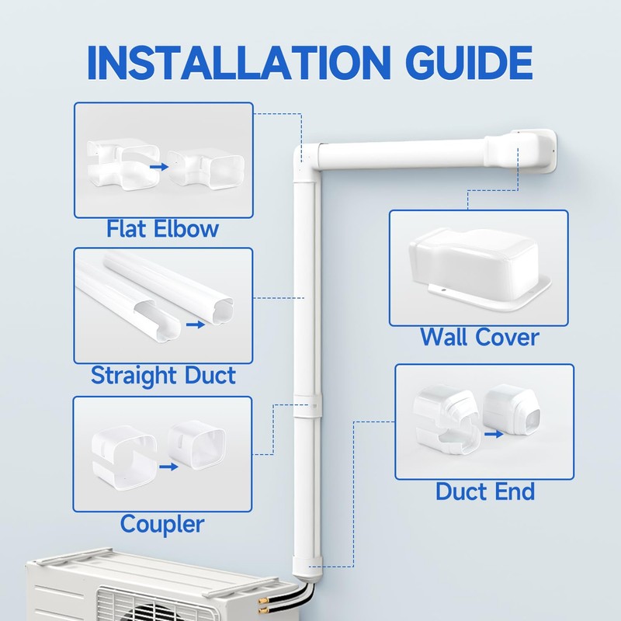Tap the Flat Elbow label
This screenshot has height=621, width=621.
click(x=163, y=229)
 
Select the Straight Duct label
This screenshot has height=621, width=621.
click(x=163, y=376)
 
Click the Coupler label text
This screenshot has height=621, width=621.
click(x=162, y=524)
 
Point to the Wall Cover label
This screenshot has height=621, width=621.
click(x=479, y=338)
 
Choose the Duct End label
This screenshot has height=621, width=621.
click(x=484, y=491)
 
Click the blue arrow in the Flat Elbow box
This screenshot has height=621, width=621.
click(x=158, y=166)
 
